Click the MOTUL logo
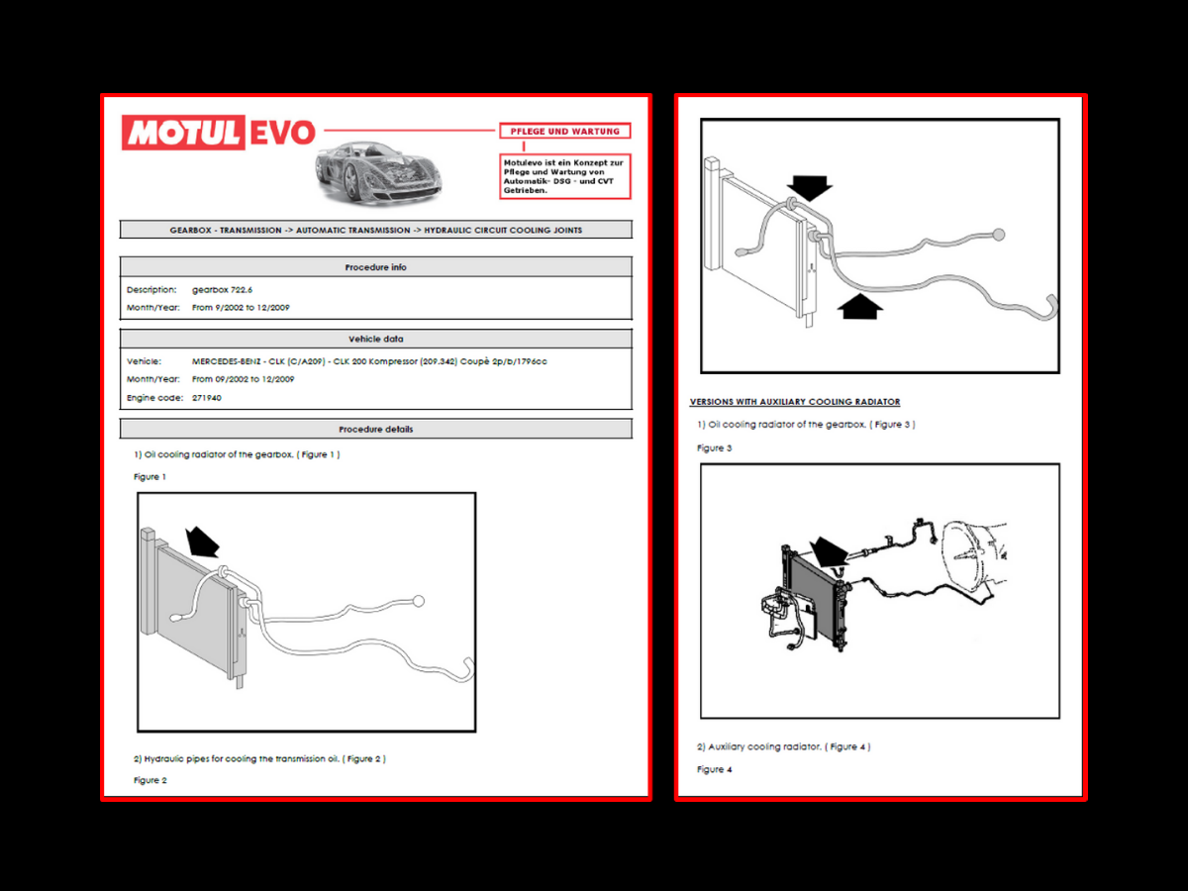[183, 133]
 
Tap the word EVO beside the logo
[281, 133]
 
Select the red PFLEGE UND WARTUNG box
[564, 131]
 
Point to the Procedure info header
[375, 267]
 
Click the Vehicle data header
[375, 339]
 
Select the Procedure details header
[375, 429]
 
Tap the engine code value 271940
[207, 397]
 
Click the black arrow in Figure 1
[203, 541]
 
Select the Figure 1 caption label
[150, 477]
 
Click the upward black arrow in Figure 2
[859, 306]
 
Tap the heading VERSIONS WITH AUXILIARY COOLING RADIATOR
[795, 402]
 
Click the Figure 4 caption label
[714, 769]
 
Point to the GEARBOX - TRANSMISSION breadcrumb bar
[375, 230]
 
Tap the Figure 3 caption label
[714, 448]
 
